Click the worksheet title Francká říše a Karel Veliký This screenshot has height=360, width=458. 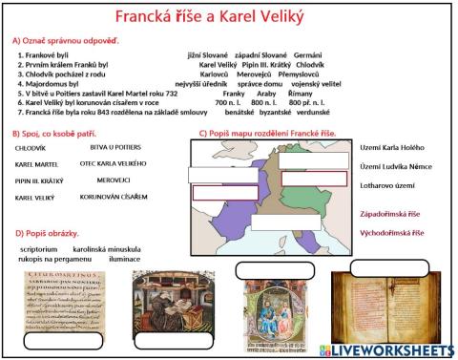(x=229, y=17)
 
